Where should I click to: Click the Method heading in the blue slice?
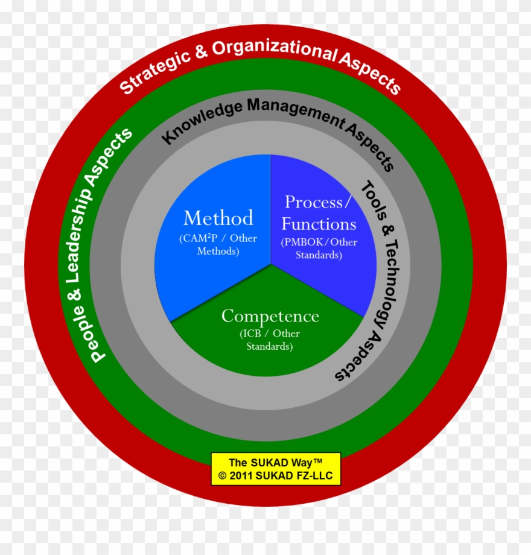tap(218, 218)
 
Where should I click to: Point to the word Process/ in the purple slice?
tap(317, 202)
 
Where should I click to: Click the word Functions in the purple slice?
tap(319, 224)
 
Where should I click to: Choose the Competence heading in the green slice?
tap(270, 316)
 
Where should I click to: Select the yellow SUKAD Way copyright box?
tap(275, 469)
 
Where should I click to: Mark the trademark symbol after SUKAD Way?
tap(317, 461)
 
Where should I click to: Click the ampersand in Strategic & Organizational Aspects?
tap(201, 54)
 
